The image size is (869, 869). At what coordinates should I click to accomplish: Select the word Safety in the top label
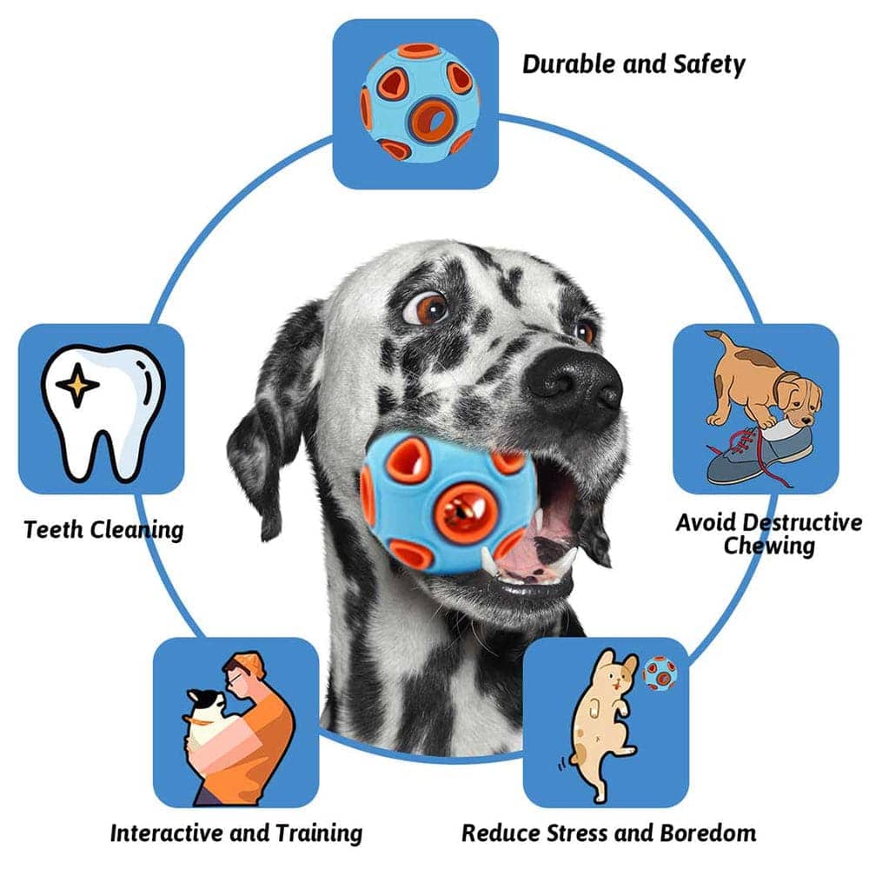[x=709, y=65]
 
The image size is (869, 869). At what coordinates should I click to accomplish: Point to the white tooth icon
[x=103, y=411]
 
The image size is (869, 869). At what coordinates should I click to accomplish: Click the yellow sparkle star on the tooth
[x=77, y=385]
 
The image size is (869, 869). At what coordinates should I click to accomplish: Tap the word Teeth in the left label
[x=54, y=529]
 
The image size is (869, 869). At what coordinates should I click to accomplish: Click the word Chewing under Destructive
[x=769, y=546]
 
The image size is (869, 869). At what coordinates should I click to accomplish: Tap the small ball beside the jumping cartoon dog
[x=660, y=673]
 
